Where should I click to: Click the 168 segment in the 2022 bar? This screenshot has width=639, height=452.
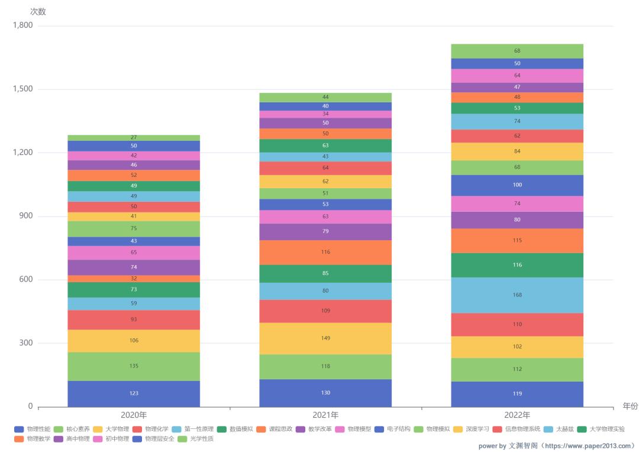(x=517, y=295)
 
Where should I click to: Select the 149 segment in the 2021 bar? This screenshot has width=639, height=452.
(x=325, y=338)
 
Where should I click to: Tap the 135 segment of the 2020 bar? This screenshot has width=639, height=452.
(x=134, y=366)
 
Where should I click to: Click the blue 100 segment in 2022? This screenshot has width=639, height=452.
(x=517, y=185)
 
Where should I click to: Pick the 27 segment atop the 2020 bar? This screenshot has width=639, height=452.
(x=134, y=138)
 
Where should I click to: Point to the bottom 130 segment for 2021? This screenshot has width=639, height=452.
(x=325, y=393)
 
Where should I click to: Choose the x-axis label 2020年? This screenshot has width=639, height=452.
(x=134, y=415)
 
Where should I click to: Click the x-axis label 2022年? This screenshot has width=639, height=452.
(x=517, y=415)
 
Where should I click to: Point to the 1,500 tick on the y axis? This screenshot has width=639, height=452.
(x=23, y=89)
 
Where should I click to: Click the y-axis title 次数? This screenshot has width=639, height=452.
(x=38, y=12)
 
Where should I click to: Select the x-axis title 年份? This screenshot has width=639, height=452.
(x=630, y=406)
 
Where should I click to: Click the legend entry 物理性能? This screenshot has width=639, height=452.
(x=33, y=429)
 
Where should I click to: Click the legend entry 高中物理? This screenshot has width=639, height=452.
(x=73, y=439)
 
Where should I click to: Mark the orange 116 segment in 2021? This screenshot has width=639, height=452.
(x=325, y=253)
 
